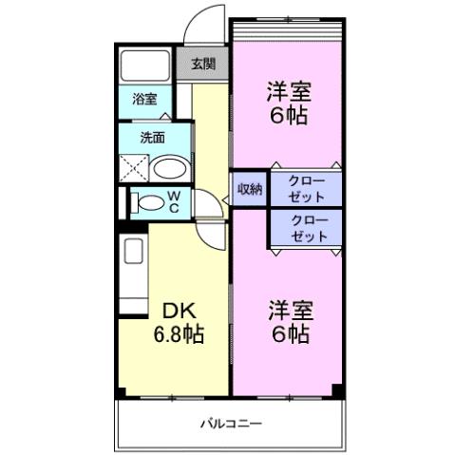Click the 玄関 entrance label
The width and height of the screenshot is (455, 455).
[x=202, y=65]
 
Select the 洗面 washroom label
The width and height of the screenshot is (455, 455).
[x=152, y=137]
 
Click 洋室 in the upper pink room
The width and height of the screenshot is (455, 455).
[x=290, y=94]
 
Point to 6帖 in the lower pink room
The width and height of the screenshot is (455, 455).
[x=290, y=333]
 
